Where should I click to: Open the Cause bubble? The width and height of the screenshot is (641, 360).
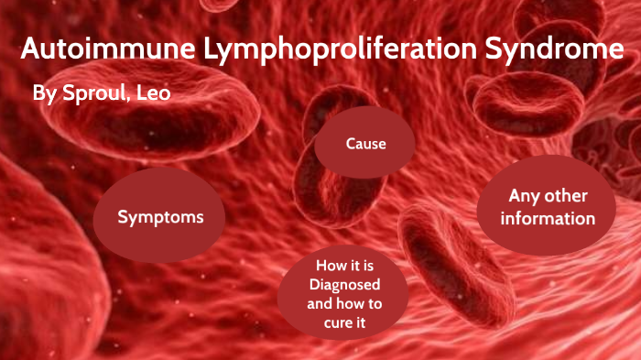365,145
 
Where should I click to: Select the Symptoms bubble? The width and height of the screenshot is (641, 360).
159,217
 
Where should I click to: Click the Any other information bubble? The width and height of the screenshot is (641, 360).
548,208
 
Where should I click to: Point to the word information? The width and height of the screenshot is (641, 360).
548,219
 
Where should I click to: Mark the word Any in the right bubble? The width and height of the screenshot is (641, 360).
524,197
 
